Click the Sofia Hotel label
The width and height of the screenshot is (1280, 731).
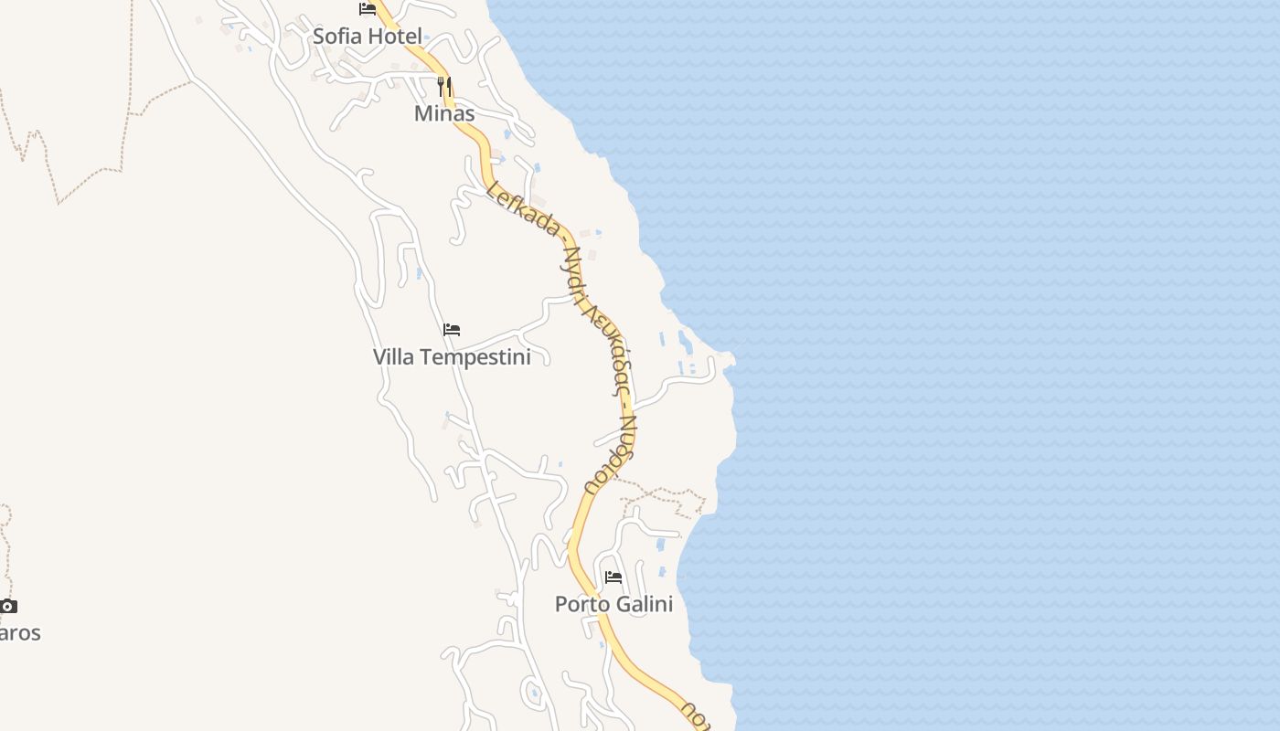click(x=368, y=37)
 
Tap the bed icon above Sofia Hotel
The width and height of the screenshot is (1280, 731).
click(x=368, y=9)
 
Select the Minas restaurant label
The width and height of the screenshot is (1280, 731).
click(x=444, y=113)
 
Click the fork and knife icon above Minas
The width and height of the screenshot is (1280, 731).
click(x=444, y=87)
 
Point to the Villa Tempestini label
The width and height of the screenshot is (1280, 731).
click(x=452, y=356)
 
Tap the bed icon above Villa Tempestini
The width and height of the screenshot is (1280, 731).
click(x=452, y=330)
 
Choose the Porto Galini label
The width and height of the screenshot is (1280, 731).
click(x=613, y=604)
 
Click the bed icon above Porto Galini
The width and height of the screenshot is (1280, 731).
click(x=613, y=577)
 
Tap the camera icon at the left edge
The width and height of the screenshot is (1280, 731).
click(x=8, y=606)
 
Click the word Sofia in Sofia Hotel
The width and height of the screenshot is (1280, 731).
click(x=338, y=37)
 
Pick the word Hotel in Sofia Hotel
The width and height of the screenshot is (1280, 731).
click(x=395, y=37)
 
